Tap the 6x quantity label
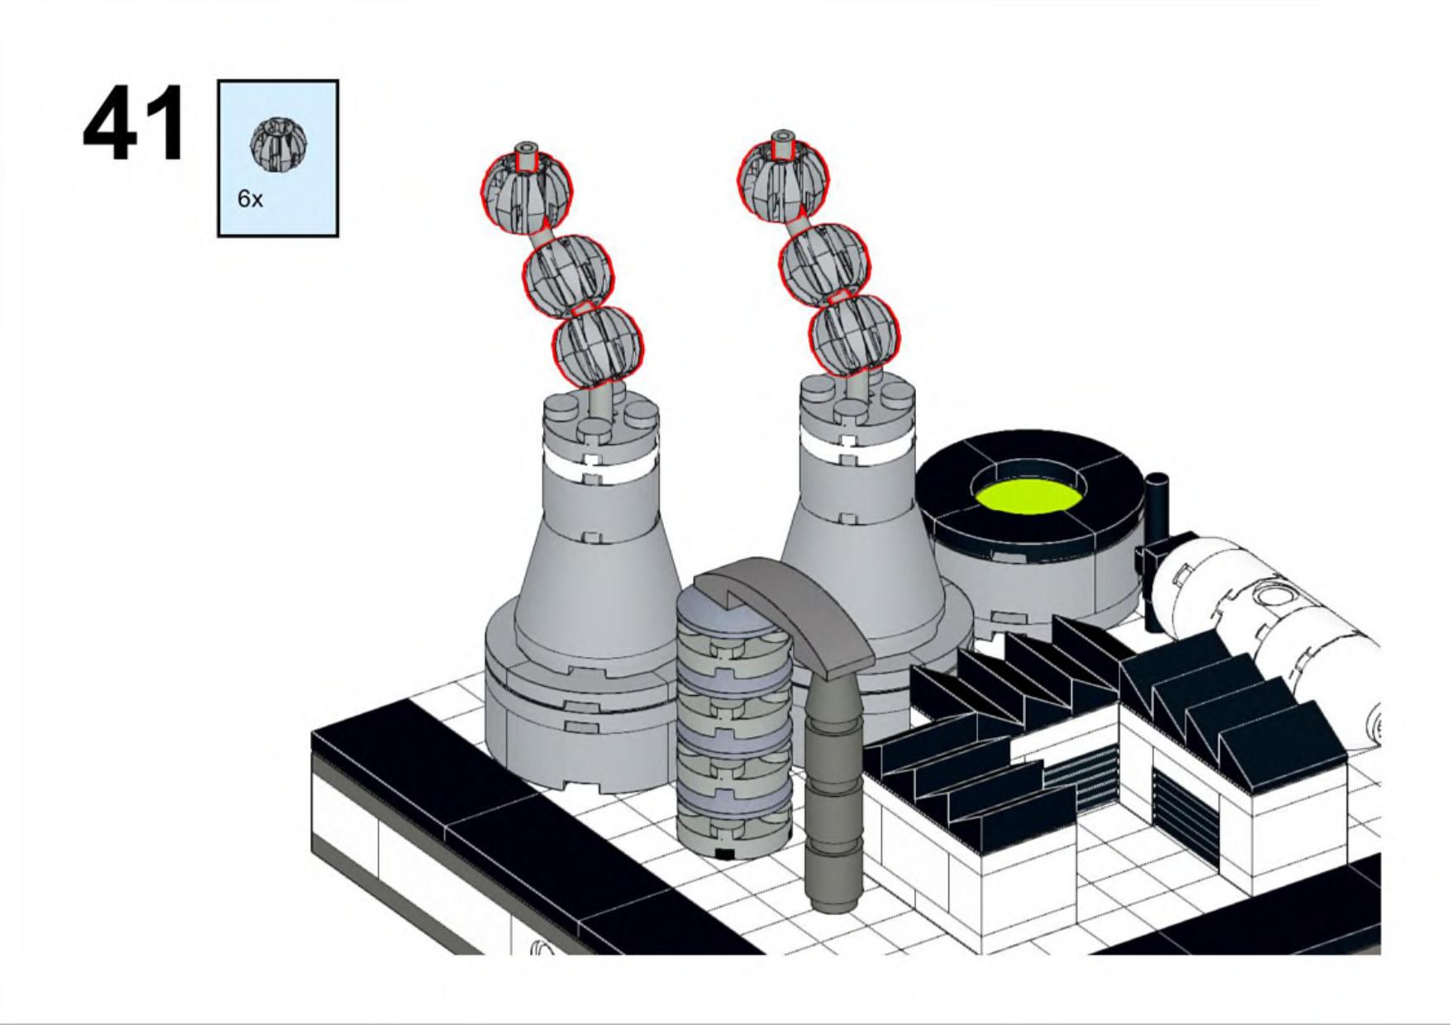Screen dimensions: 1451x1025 coord(250,199)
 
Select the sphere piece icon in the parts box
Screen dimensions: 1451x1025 coord(279,141)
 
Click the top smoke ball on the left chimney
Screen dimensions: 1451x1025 coord(527,188)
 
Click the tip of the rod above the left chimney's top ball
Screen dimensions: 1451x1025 coord(526,145)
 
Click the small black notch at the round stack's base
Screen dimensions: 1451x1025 coord(725,853)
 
